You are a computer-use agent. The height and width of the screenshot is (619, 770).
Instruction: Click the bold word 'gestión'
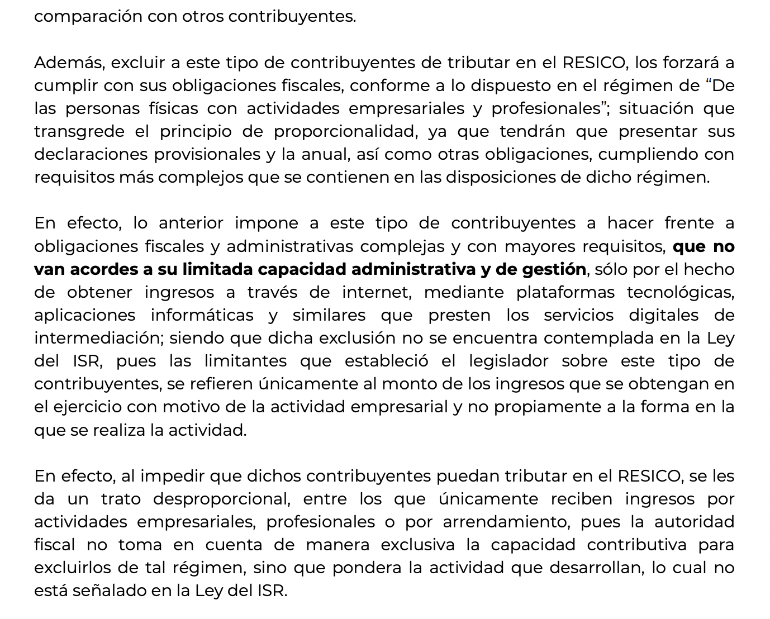(554, 269)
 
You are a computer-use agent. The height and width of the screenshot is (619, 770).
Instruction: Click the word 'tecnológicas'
(680, 292)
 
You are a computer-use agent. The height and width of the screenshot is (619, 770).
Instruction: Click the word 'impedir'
(172, 476)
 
